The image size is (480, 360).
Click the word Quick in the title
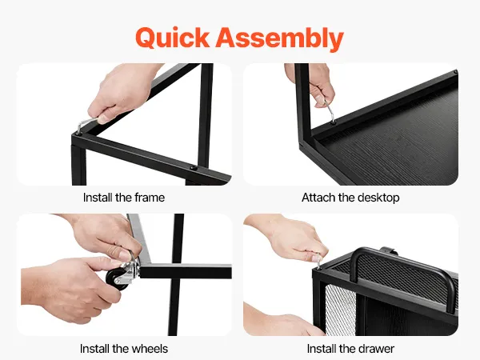click(x=172, y=38)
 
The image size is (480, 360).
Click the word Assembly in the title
click(x=279, y=38)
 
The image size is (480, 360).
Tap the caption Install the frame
click(x=124, y=198)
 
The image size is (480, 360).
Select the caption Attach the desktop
click(x=350, y=198)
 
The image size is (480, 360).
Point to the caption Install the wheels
click(x=124, y=349)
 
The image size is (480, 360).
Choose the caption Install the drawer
click(x=350, y=349)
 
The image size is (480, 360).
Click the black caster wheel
click(x=117, y=279)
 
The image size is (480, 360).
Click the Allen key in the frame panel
click(x=86, y=125)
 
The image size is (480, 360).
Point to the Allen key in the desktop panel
click(x=330, y=112)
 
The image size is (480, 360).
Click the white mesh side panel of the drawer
click(x=341, y=309)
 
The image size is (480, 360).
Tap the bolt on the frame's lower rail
click(x=193, y=168)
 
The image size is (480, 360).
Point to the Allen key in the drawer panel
click(x=319, y=261)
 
